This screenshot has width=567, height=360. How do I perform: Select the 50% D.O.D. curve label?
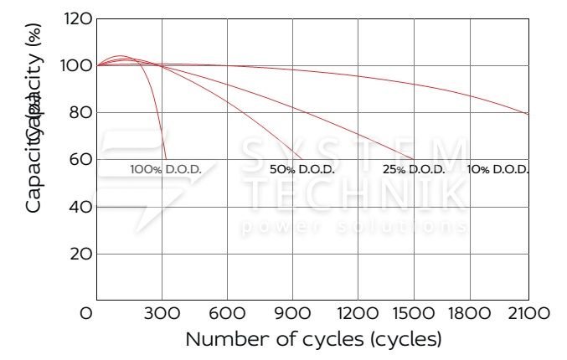coord(302,169)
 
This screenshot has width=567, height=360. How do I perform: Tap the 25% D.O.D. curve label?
coord(414,169)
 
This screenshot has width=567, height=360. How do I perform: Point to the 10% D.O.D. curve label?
coord(498,169)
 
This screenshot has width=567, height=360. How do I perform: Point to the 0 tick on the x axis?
coord(86,313)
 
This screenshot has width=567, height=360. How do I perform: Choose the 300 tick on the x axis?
coord(162,313)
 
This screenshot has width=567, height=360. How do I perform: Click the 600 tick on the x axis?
coord(227,313)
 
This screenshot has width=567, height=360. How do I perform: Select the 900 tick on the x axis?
coord(292,313)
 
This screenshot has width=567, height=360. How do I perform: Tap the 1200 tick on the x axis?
coord(358,313)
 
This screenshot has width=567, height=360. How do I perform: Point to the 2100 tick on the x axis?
coord(528,313)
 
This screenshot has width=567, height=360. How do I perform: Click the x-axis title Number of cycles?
coord(312,340)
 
